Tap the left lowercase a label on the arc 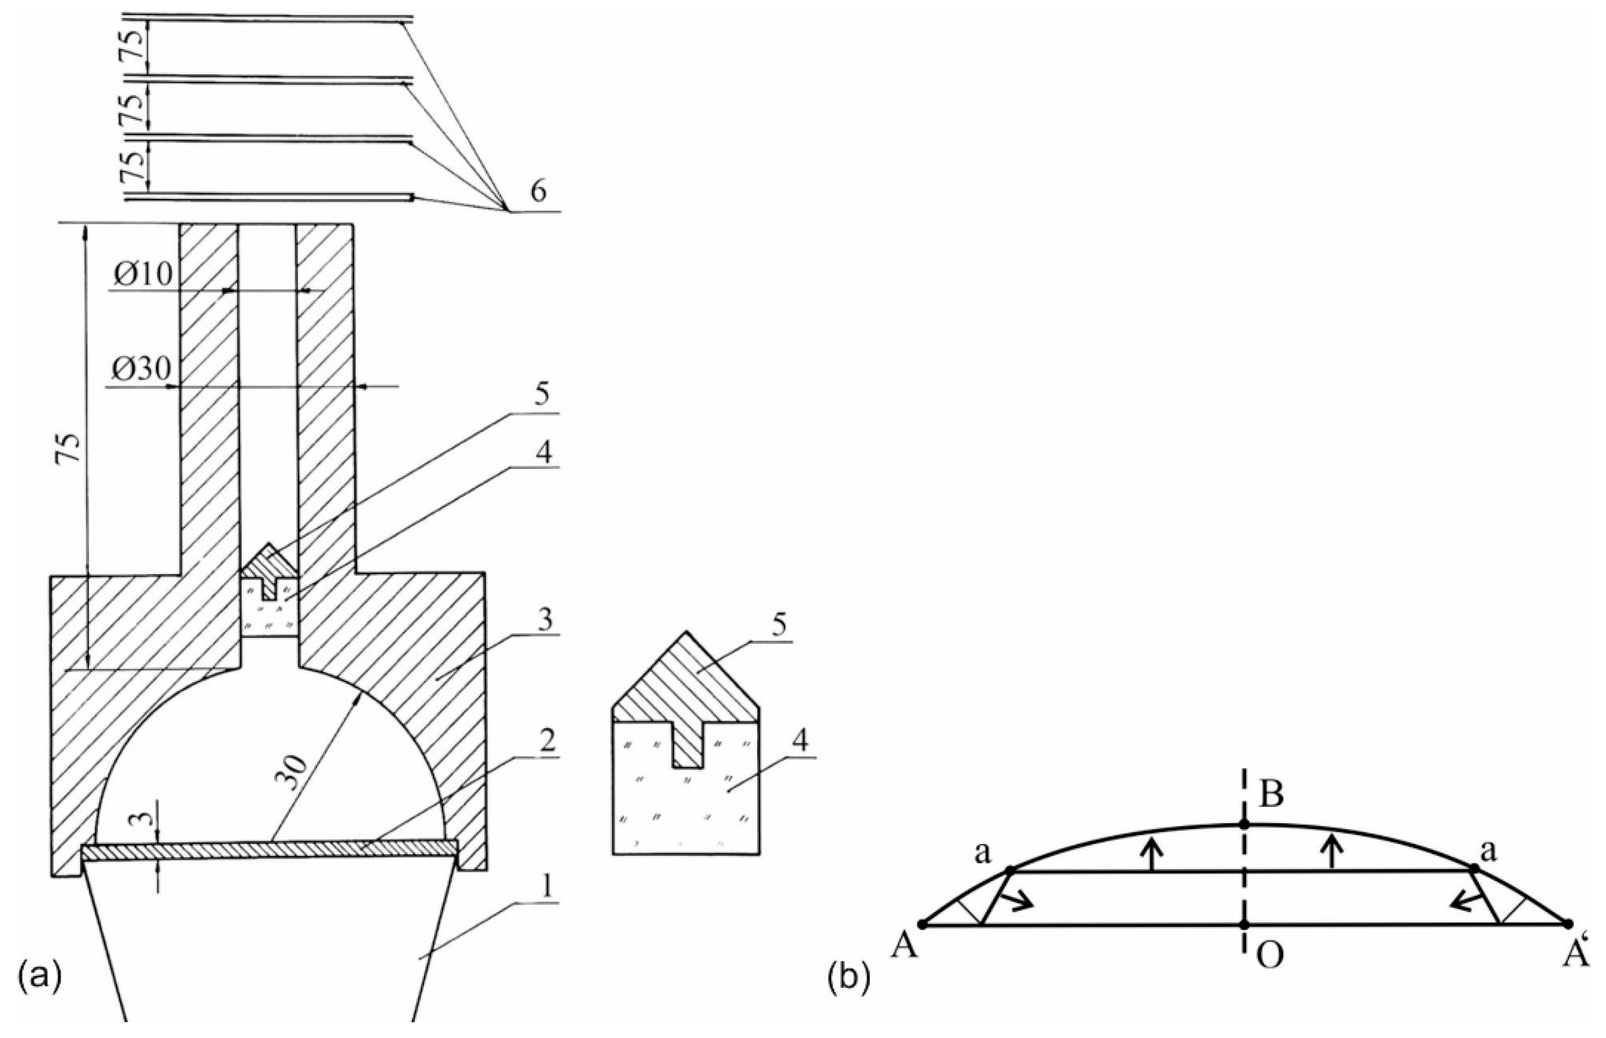[x=981, y=854]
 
